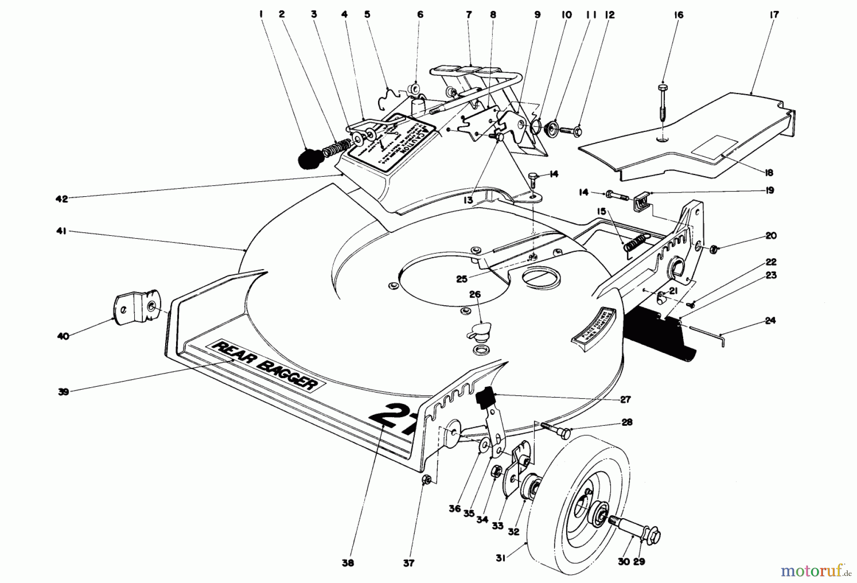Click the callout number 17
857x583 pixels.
774,15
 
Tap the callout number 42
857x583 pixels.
61,199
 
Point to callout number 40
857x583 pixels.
62,336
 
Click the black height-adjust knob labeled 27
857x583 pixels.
485,398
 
